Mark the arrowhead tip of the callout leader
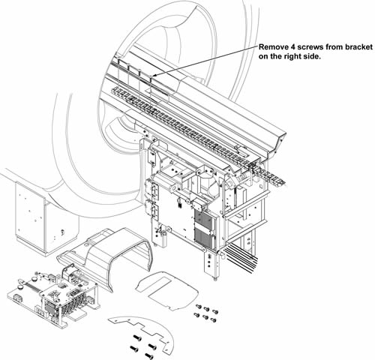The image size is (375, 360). (x=152, y=76)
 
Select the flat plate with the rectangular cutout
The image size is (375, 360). (x=166, y=290)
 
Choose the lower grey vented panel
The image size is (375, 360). (x=204, y=238)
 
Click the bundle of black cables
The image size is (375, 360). (x=241, y=259)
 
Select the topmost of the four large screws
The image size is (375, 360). (x=137, y=338)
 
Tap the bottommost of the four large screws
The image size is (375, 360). (x=149, y=355)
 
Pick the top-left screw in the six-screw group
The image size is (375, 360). (x=199, y=306)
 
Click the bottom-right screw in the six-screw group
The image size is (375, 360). (x=214, y=319)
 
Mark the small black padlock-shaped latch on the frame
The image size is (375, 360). (x=180, y=202)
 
